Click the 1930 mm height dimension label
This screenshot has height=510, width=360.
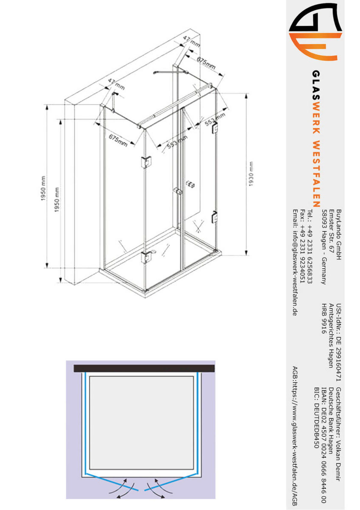pyautogui.click(x=251, y=174)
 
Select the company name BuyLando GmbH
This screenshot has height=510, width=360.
pyautogui.click(x=339, y=235)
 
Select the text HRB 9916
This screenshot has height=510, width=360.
pyautogui.click(x=324, y=318)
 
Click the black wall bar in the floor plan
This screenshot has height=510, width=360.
pyautogui.click(x=144, y=368)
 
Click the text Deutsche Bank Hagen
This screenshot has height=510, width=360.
pyautogui.click(x=331, y=420)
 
